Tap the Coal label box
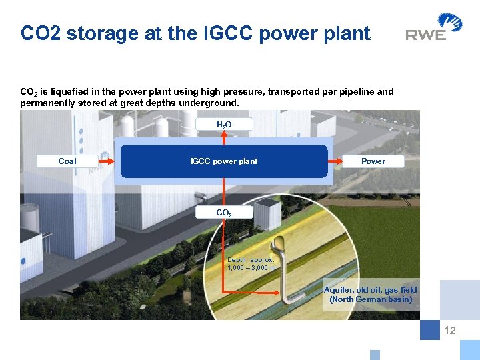click(67, 161)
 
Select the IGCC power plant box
click(224, 161)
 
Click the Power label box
click(373, 161)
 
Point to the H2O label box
click(224, 125)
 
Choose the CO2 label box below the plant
click(224, 213)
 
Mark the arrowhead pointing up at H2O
click(224, 133)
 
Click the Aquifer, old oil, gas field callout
click(371, 295)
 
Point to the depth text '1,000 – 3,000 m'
click(251, 267)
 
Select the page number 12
click(450, 330)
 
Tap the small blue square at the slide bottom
click(375, 355)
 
